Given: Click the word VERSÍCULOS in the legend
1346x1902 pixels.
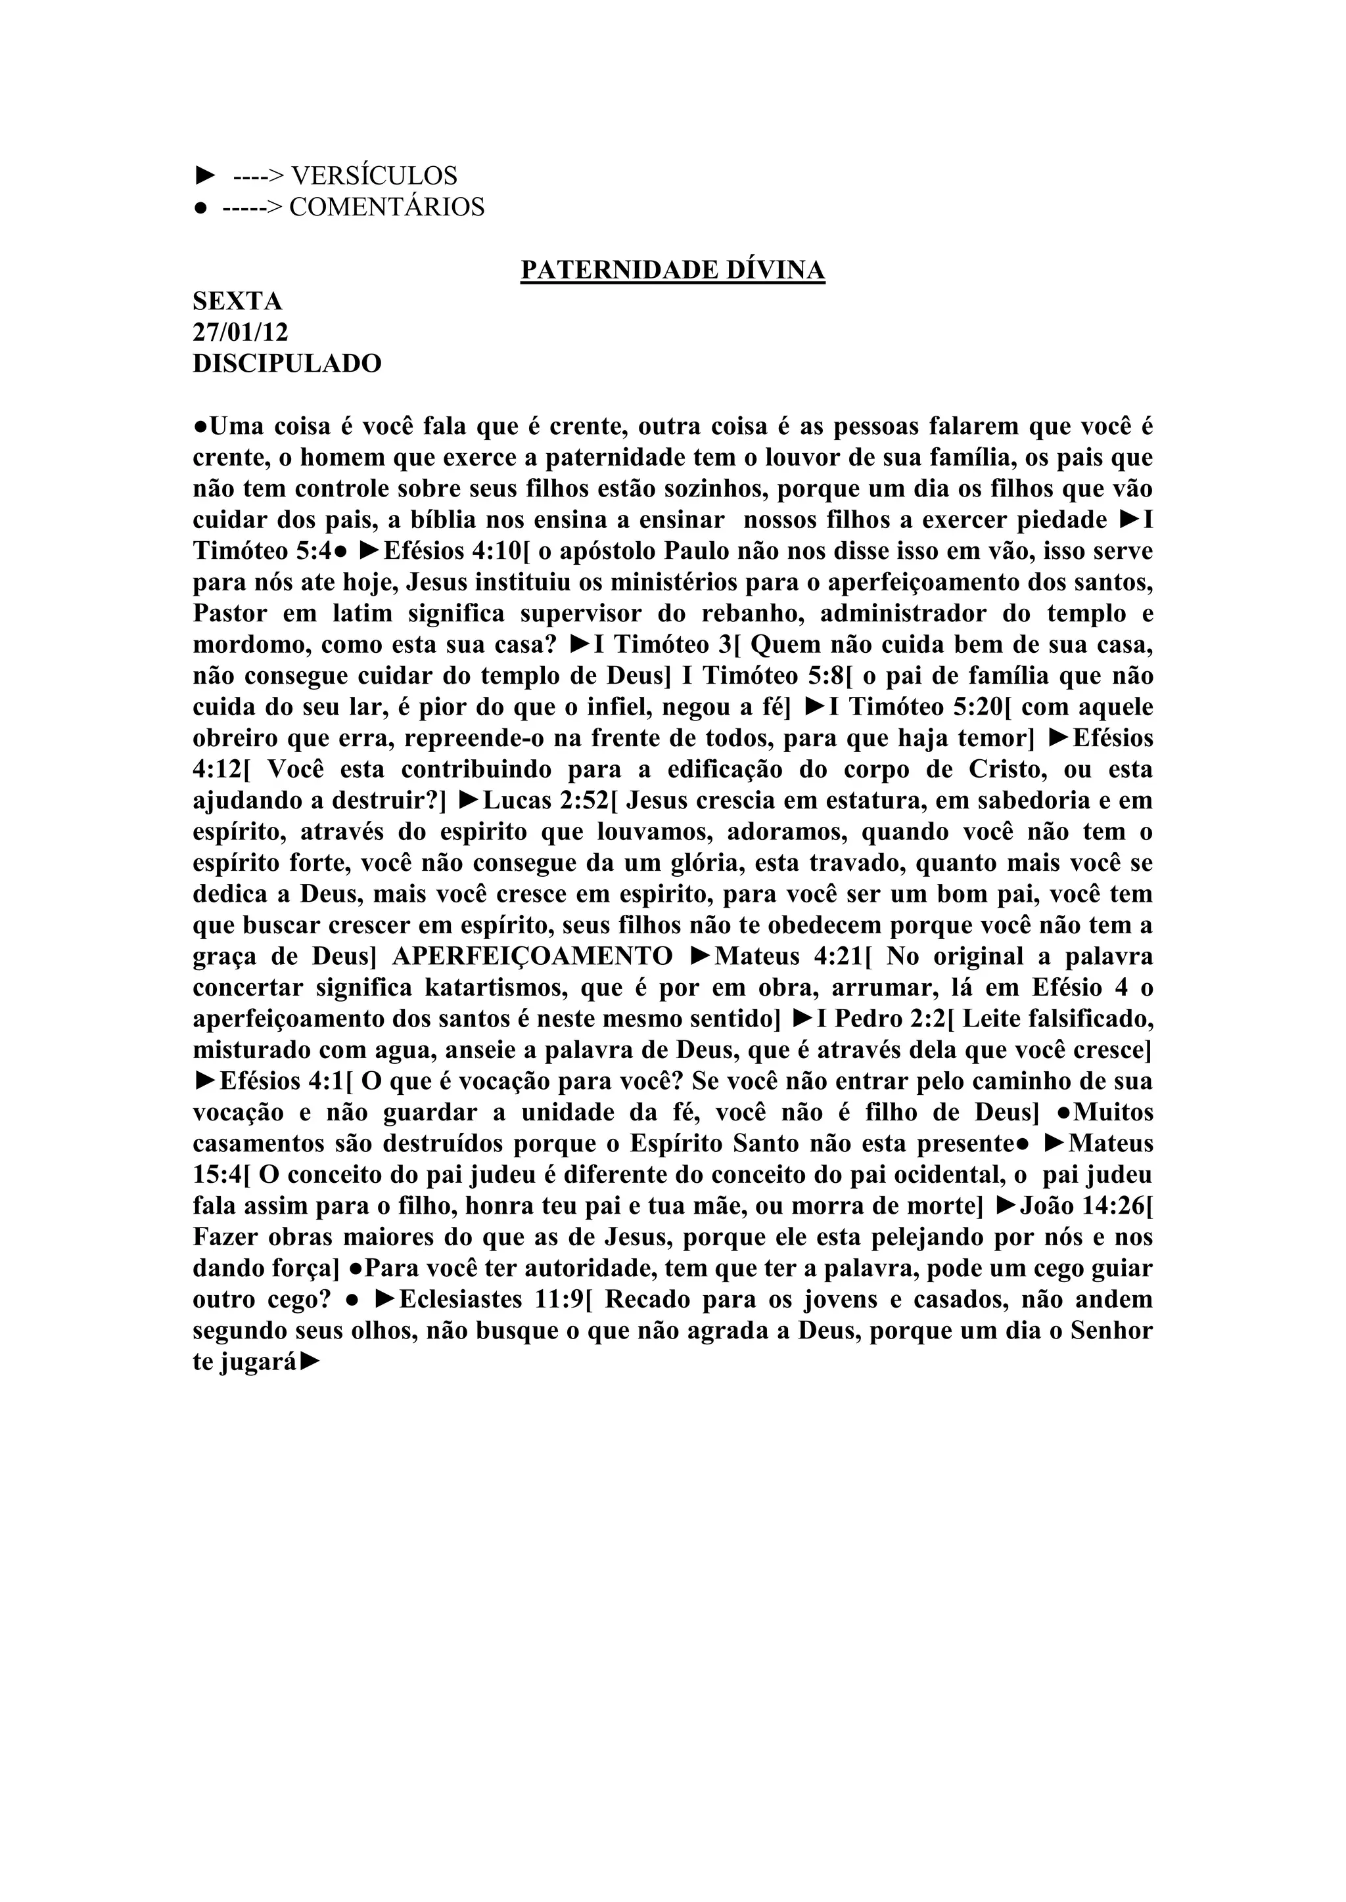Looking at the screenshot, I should point(375,175).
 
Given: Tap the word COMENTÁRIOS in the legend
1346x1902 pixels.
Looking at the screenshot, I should point(386,207).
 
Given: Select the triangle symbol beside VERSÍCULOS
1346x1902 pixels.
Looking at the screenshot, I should point(204,175).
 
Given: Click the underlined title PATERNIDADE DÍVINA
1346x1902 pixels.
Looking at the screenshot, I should point(672,270).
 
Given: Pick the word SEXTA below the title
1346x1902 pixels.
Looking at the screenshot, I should point(238,301).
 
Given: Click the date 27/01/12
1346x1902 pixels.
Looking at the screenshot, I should point(241,332).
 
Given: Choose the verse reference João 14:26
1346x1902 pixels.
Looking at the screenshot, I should point(1080,1206).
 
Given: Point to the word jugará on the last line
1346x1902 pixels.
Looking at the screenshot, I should point(258,1363).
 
